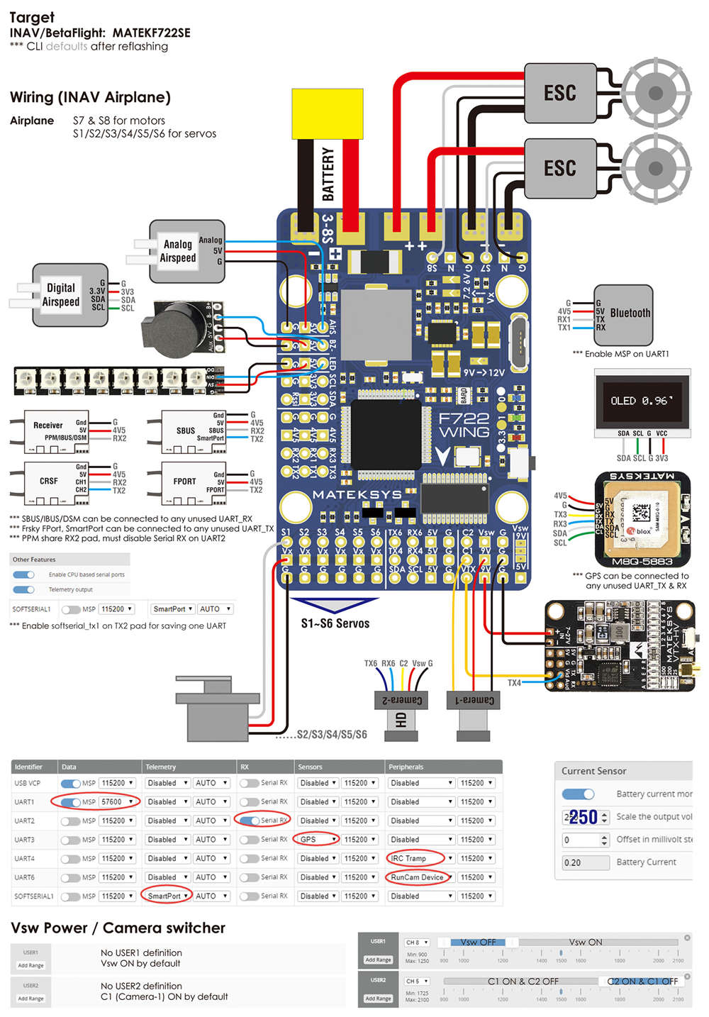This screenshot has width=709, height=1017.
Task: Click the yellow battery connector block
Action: [327, 113]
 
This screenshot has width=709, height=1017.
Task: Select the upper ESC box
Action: [559, 93]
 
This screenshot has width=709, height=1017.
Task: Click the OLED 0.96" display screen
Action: [642, 400]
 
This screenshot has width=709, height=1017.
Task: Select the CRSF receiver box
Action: [49, 481]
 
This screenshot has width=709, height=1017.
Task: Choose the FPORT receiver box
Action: [185, 481]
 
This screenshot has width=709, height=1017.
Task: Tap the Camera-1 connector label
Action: [471, 700]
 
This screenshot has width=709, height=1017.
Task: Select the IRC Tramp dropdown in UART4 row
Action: [417, 858]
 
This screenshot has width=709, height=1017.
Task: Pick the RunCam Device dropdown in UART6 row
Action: [418, 877]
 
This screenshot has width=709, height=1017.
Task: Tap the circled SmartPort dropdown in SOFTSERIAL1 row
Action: [167, 896]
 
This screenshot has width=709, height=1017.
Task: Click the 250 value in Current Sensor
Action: [583, 818]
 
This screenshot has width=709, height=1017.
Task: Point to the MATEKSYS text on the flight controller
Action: [357, 494]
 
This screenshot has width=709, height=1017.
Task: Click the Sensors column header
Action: [311, 767]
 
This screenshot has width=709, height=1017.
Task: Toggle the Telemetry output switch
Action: [24, 590]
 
